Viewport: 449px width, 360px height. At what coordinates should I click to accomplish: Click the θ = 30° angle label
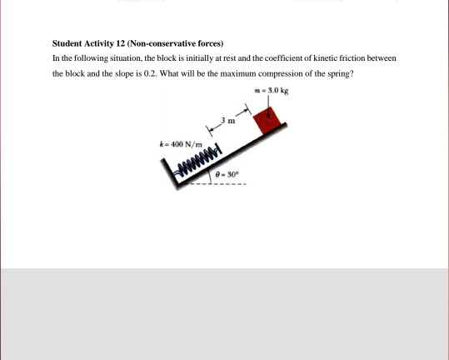[228, 174]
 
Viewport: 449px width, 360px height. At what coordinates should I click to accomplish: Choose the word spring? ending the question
[342, 73]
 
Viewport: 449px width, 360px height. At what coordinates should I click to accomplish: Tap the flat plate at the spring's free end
[219, 148]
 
